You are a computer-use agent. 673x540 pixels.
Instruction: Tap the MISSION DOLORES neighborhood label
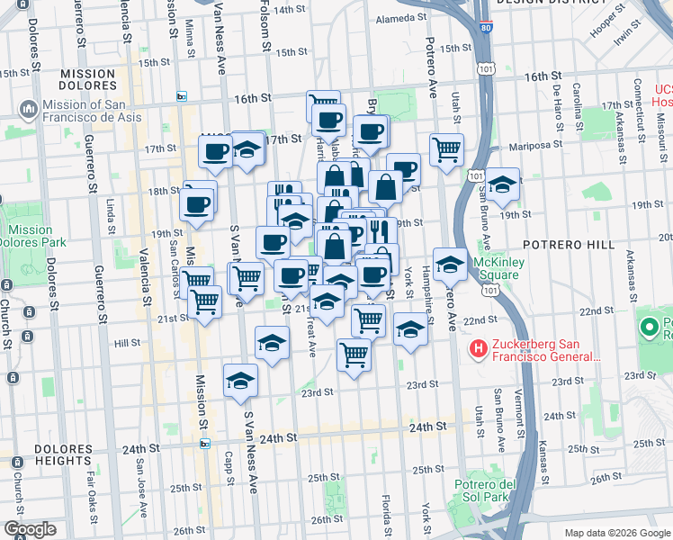(x=87, y=80)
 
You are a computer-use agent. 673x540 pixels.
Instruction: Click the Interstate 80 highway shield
(x=486, y=28)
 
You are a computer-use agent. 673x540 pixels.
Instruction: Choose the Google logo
(x=31, y=529)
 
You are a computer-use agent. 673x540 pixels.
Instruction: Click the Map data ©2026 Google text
(x=617, y=533)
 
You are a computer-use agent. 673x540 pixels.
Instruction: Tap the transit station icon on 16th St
(x=182, y=97)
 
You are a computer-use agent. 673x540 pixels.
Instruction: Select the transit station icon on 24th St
(x=204, y=443)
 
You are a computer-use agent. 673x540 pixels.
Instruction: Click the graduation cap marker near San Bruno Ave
(x=502, y=184)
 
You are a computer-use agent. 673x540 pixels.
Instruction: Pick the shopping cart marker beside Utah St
(x=445, y=149)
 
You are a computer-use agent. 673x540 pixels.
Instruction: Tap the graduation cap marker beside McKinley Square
(x=450, y=264)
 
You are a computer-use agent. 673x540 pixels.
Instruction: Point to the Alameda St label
(x=399, y=18)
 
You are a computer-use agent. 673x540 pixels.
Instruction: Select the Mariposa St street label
(x=534, y=143)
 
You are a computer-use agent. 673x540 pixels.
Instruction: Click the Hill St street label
(x=127, y=343)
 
